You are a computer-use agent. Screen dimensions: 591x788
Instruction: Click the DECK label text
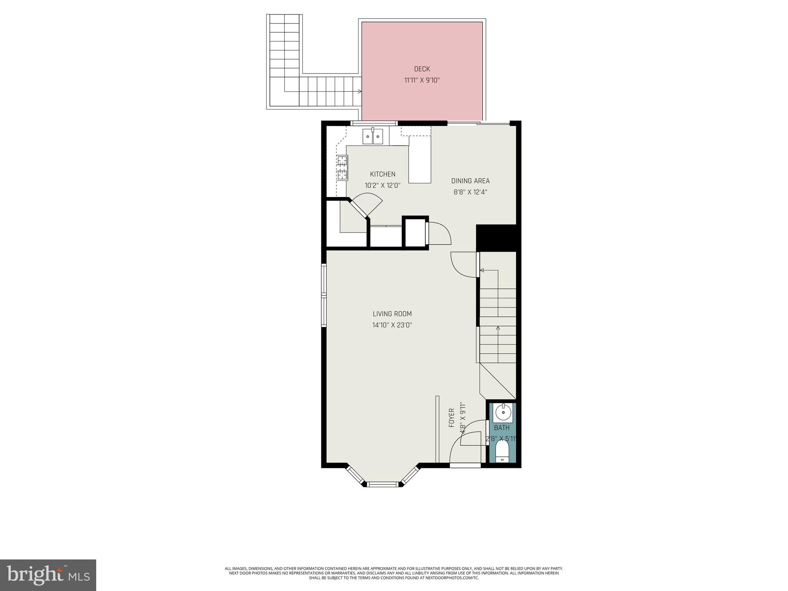(422, 69)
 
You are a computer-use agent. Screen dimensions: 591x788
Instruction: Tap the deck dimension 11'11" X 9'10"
(422, 80)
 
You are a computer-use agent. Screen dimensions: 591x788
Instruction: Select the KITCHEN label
(382, 174)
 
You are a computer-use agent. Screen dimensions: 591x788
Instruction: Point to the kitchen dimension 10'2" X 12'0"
(382, 185)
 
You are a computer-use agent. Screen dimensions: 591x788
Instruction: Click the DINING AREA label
(470, 181)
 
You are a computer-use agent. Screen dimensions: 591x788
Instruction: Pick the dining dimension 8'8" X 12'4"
(470, 192)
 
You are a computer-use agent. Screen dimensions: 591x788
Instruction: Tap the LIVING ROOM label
(392, 314)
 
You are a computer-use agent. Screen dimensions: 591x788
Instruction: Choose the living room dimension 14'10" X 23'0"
(392, 325)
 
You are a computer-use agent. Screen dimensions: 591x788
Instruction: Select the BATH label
(502, 427)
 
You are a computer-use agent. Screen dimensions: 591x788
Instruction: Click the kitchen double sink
(373, 137)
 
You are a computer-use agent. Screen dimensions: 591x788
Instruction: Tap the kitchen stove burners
(342, 168)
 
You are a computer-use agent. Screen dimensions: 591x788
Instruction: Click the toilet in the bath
(502, 451)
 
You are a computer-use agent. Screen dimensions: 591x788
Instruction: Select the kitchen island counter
(420, 162)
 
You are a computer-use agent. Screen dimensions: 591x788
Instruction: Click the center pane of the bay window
(383, 484)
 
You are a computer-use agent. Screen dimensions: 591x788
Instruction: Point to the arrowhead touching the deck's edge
(360, 92)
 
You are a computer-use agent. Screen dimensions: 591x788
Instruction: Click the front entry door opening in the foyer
(465, 465)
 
